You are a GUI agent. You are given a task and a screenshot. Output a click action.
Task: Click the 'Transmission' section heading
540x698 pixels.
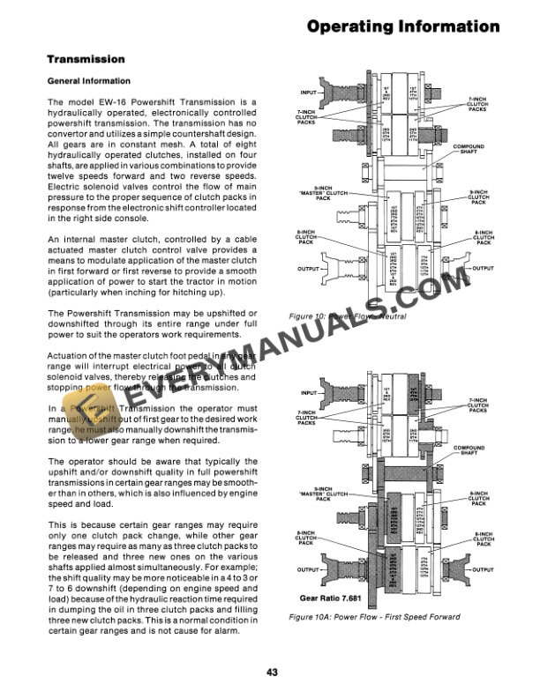[x=86, y=60]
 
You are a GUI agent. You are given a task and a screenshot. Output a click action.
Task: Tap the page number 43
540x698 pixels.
[x=272, y=672]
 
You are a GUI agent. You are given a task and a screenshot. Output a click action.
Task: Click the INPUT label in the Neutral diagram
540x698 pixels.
[x=309, y=92]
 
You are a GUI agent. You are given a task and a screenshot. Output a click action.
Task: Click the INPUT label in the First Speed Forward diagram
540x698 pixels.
[x=309, y=393]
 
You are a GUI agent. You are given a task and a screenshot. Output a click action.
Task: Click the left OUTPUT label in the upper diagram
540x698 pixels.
[x=309, y=269]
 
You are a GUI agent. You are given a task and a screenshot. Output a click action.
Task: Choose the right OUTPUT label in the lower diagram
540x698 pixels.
[x=483, y=570]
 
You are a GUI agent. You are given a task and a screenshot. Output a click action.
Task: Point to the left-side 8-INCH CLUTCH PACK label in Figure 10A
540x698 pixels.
[x=306, y=537]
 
